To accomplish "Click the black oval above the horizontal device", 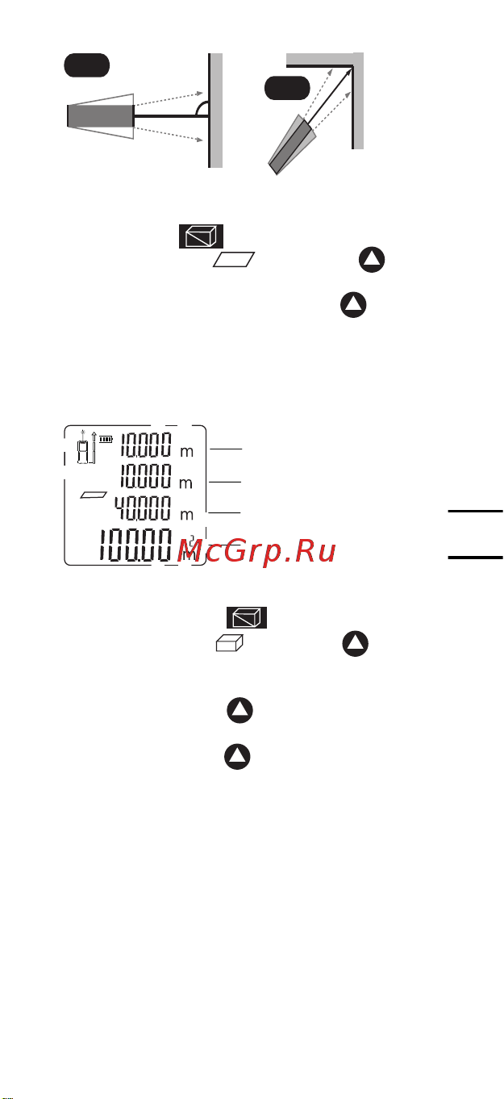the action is [x=87, y=65].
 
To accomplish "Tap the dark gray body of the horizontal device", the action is [x=101, y=116].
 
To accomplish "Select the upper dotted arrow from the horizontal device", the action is [x=169, y=98].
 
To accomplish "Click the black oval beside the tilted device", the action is [x=287, y=88].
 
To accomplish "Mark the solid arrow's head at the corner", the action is [x=348, y=72].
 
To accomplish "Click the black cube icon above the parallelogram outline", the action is [x=201, y=236].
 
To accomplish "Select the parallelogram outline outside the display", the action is [x=234, y=260].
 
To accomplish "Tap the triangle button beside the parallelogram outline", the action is [x=372, y=260].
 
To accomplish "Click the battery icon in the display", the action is [x=106, y=439].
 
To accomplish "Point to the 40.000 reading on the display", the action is [x=143, y=508].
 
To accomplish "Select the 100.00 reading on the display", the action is [x=135, y=544].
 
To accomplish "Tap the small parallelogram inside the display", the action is [x=94, y=495].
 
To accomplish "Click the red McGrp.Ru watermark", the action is [x=256, y=551].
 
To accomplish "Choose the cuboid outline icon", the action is [x=230, y=643].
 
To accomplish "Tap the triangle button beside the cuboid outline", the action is [x=356, y=644].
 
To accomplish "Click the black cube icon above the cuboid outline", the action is [x=247, y=618].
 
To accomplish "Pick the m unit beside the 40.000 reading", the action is [x=187, y=515].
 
